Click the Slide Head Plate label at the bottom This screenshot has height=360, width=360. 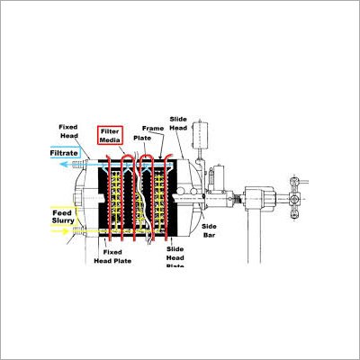pos(177,256)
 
